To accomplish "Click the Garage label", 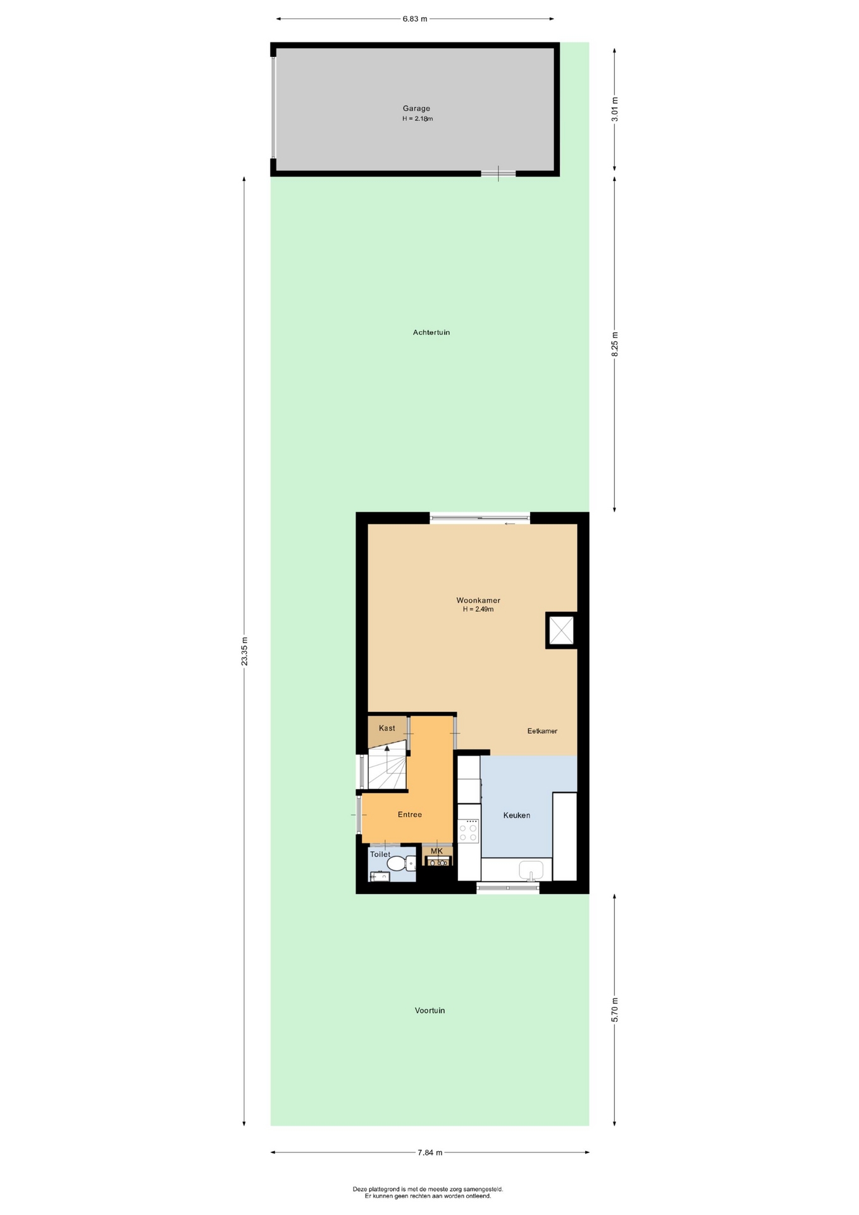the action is point(416,108).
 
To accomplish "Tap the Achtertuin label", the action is point(431,332).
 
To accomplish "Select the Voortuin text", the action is point(430,1011).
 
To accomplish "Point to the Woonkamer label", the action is point(478,601).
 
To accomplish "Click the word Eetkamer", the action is point(542,731).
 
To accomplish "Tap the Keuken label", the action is point(517,815).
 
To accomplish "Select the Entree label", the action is point(410,814).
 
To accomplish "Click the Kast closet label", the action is point(387,728).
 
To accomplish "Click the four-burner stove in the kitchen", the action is point(468,830).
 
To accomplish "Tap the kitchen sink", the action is point(531,871).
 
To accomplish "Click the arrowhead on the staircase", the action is point(387,748).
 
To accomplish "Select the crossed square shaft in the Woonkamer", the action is point(561,630).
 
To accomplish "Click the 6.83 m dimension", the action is point(415,19).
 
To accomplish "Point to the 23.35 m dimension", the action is point(244,651).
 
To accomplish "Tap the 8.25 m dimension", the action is point(615,344).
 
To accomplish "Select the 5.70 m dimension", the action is point(615,1009).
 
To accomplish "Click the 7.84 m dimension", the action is point(430,1152).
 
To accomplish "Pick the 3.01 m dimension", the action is point(615,109).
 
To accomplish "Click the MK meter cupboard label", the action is point(436,851).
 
